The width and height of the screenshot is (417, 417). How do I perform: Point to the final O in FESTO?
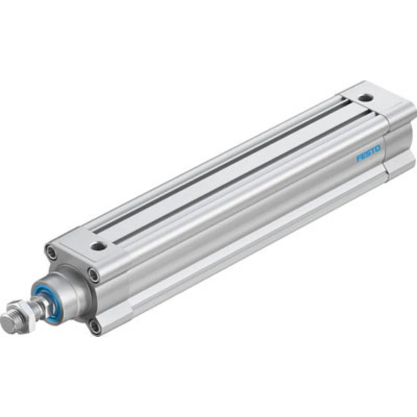[x=378, y=148]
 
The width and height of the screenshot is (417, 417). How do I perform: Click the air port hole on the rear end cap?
[x=366, y=98]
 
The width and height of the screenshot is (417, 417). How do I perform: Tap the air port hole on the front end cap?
[x=98, y=246]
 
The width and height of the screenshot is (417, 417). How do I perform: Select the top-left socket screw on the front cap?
[x=51, y=252]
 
